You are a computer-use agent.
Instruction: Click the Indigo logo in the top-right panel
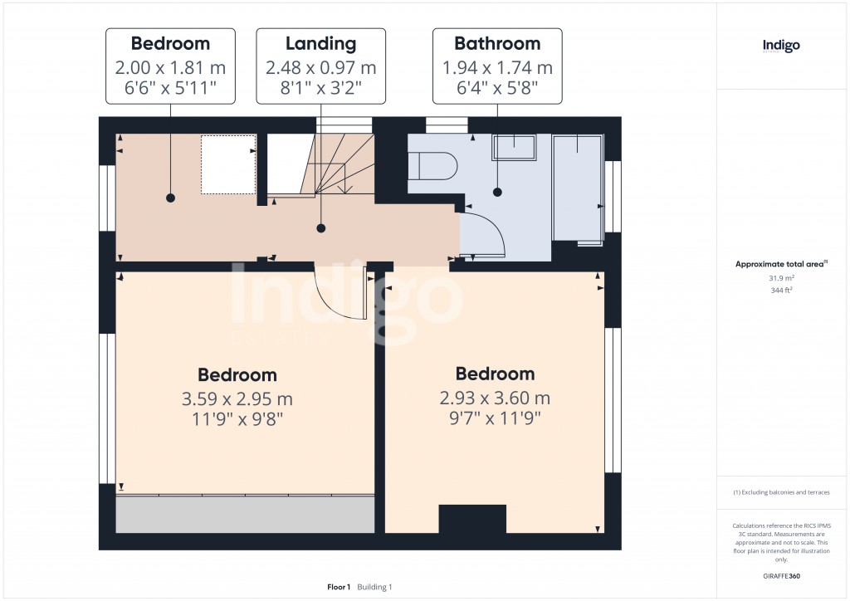[x=781, y=46]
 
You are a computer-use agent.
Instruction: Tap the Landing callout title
[x=320, y=44]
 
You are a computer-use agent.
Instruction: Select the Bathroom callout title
[x=497, y=44]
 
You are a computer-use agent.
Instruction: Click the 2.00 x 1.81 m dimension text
[x=170, y=68]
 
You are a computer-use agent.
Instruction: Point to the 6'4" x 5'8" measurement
[x=497, y=87]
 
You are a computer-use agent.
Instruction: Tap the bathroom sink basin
[x=514, y=147]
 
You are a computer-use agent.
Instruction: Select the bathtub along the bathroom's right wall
[x=578, y=188]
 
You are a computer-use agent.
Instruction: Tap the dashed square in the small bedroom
[x=228, y=164]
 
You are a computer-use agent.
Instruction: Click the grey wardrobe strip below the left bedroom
[x=244, y=515]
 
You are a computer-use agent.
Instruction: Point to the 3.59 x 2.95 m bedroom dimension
[x=237, y=398]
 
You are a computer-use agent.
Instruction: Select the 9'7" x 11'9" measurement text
[x=495, y=418]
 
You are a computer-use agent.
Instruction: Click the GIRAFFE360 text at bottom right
[x=782, y=575]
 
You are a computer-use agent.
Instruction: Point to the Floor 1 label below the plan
[x=339, y=587]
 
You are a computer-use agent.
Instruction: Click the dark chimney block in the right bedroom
[x=472, y=519]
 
